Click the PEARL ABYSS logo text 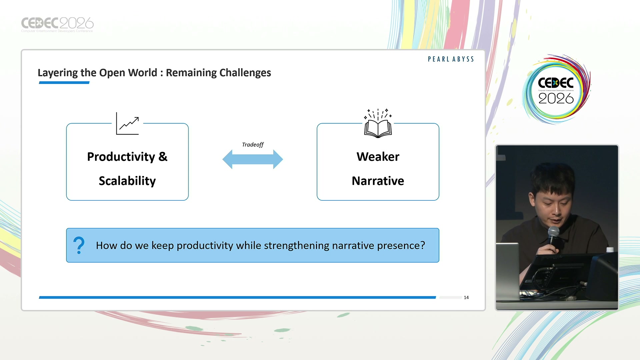[x=451, y=59]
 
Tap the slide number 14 [x=466, y=297]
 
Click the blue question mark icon [x=79, y=245]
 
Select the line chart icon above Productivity [x=127, y=124]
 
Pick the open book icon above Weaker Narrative [x=378, y=123]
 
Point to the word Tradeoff [x=253, y=145]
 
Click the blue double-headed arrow [x=253, y=159]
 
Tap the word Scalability [x=127, y=181]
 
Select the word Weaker [x=378, y=157]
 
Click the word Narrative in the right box [x=378, y=181]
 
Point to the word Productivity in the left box [x=121, y=157]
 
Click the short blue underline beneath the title [x=64, y=83]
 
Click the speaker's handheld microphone [x=553, y=236]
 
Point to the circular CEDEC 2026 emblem [x=556, y=89]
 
